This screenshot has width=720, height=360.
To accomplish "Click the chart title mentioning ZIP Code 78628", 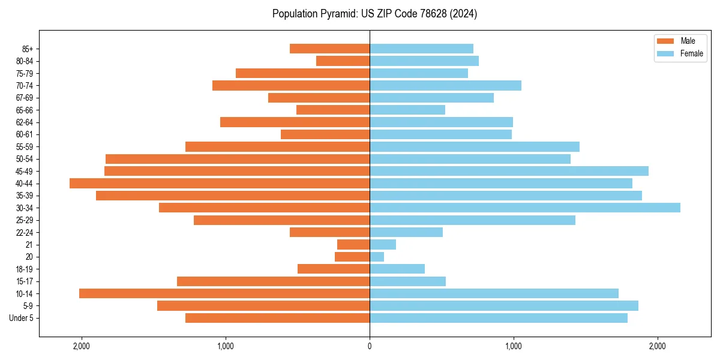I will pos(374,14).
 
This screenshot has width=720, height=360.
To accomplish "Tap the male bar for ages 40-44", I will pos(220,184).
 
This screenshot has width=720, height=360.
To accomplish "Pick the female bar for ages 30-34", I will pos(525,208).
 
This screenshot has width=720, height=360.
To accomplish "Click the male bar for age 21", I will pos(353,245).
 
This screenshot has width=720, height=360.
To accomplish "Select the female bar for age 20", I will pos(377,257).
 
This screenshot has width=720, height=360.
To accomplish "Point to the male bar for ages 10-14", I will pos(224,293).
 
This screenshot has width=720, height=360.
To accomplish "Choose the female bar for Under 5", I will pos(499,318).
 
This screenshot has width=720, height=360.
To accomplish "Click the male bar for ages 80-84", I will pos(343,61).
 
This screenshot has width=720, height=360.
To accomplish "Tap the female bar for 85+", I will pos(421,49).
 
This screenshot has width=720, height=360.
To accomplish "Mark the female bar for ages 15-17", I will pos(407,281).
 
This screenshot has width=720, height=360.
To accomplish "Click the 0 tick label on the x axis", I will pos(370,347).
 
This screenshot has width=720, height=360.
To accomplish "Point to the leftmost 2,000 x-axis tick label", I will pos(81,347).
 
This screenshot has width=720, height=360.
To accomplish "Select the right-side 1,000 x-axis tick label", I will pos(514,347).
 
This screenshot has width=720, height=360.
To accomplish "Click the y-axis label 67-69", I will pos(25,98).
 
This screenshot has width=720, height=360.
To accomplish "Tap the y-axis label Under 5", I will pos(22,318).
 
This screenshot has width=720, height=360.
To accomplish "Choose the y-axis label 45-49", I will pos(25,171).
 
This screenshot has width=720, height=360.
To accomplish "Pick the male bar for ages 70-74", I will pos(291,86).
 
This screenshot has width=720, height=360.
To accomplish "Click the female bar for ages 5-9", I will pos(504,306).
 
